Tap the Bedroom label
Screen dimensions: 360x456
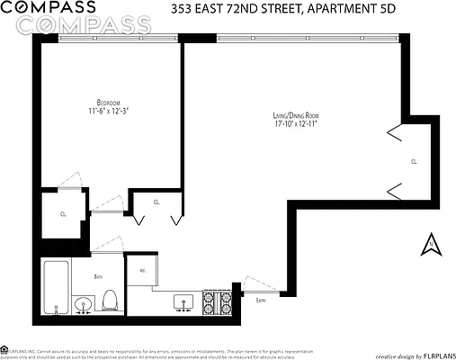coord(109,102)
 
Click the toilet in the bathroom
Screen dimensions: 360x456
coord(111,300)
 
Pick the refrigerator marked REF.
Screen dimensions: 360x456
coord(143,269)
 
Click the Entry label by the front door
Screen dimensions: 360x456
coord(260,300)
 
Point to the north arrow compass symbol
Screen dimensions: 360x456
coord(430,242)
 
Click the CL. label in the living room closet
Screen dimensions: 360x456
coord(413,162)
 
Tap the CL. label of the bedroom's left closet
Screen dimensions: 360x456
coord(63,214)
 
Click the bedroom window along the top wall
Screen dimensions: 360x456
coord(112,39)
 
